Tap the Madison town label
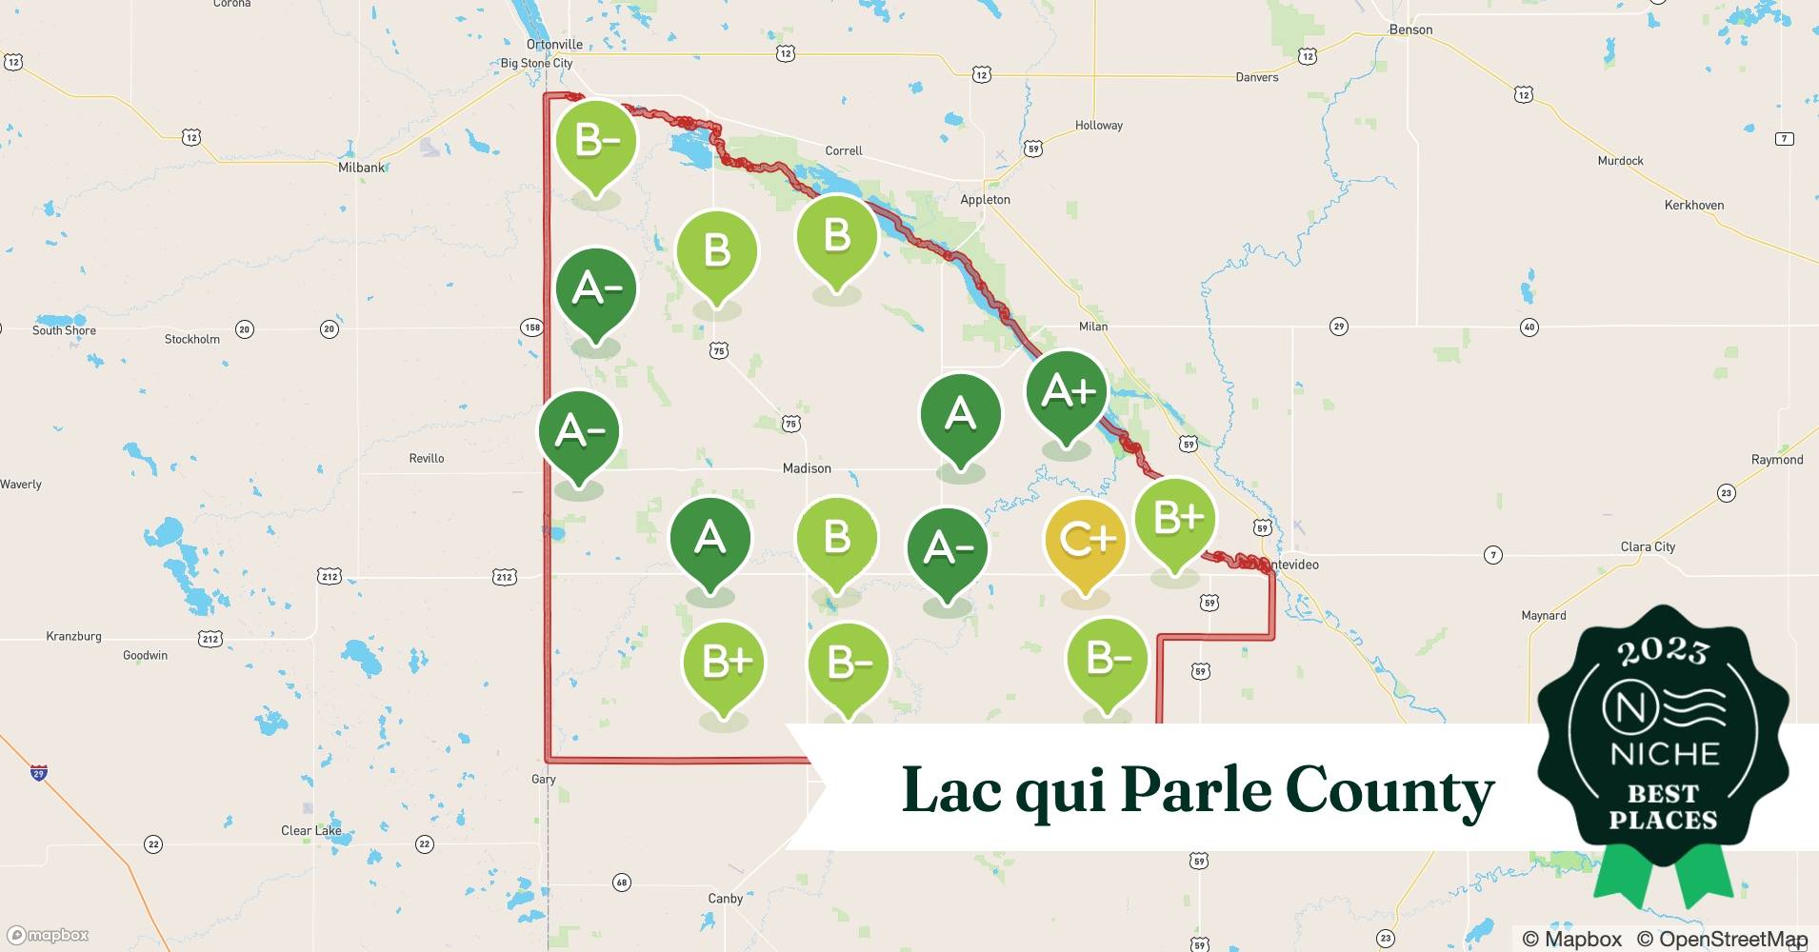[807, 468]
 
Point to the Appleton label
[985, 200]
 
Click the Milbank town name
[362, 168]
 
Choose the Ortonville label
[554, 45]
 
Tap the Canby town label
[725, 899]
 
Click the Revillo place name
[427, 459]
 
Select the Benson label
[1410, 30]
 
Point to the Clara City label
[1648, 547]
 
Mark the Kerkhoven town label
[1693, 206]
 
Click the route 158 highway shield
[532, 327]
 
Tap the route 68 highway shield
[622, 883]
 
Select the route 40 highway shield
[1529, 327]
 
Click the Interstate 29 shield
[39, 773]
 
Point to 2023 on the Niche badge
[1663, 651]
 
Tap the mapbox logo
[48, 935]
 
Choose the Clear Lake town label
[310, 831]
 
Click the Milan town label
[1093, 327]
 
